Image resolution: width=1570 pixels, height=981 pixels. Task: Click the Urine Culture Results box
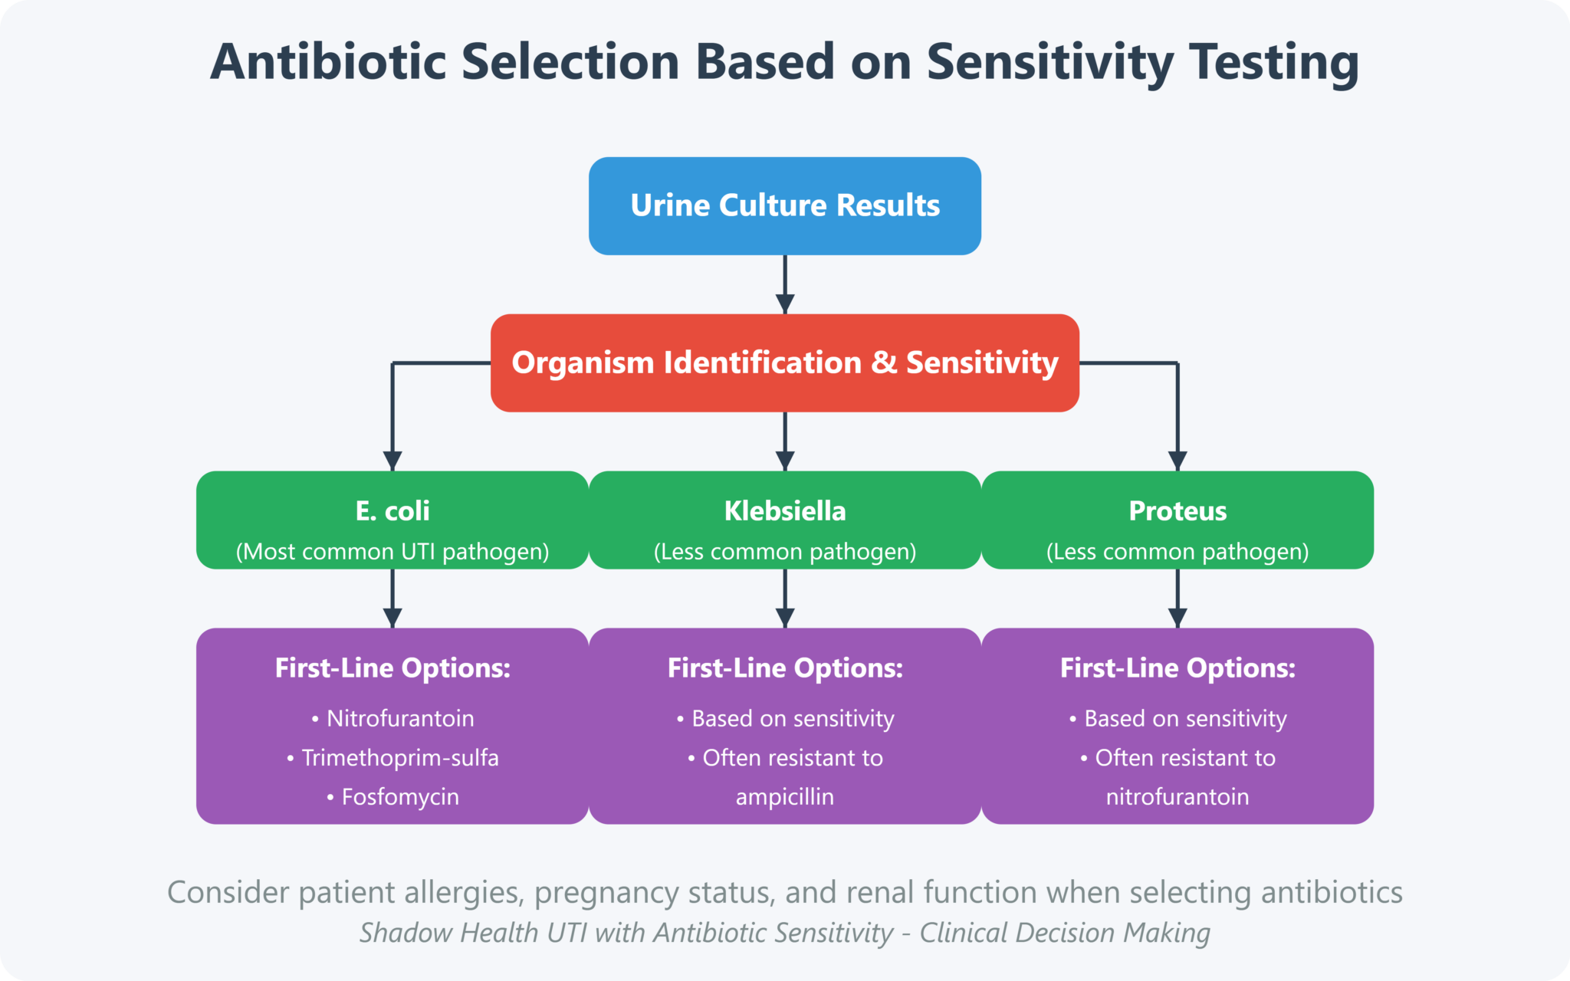(x=784, y=205)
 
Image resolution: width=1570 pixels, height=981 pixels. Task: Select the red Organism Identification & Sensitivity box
(x=784, y=363)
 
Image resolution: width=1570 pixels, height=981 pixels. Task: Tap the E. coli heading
(x=392, y=510)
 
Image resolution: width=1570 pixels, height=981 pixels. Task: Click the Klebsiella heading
(x=784, y=510)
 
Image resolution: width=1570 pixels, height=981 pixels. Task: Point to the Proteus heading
(x=1177, y=510)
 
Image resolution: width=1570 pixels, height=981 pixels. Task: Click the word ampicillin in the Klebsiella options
(x=784, y=796)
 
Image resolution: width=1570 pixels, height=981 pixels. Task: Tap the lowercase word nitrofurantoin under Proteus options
(x=1177, y=796)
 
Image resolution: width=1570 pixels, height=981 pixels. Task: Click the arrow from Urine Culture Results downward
(x=784, y=284)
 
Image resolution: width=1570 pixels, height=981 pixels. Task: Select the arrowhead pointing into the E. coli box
(x=392, y=461)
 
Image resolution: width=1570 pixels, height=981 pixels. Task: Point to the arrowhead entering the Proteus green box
(x=1177, y=461)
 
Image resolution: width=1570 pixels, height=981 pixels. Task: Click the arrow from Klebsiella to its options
(x=784, y=598)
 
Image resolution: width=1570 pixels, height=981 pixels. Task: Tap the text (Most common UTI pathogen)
(x=392, y=551)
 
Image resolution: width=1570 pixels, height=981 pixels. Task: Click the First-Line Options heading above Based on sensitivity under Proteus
(x=1177, y=668)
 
